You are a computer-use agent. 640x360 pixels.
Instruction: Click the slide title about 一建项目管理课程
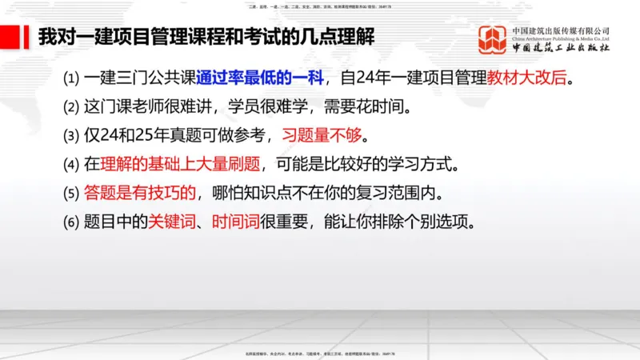click(208, 37)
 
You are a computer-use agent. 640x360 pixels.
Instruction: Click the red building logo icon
click(492, 40)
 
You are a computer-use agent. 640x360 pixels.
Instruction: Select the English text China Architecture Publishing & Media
click(561, 38)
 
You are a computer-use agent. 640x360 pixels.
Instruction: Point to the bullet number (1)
click(73, 78)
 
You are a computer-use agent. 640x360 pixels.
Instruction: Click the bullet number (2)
click(73, 106)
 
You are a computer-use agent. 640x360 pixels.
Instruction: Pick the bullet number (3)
click(73, 134)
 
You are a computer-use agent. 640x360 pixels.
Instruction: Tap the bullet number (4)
click(73, 164)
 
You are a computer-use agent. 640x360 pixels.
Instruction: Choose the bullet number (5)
click(73, 192)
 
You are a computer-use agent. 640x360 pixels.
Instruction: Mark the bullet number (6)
click(73, 220)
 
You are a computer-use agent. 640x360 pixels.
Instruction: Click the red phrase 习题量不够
click(320, 134)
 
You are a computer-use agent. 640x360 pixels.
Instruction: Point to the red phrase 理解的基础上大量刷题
click(176, 164)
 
